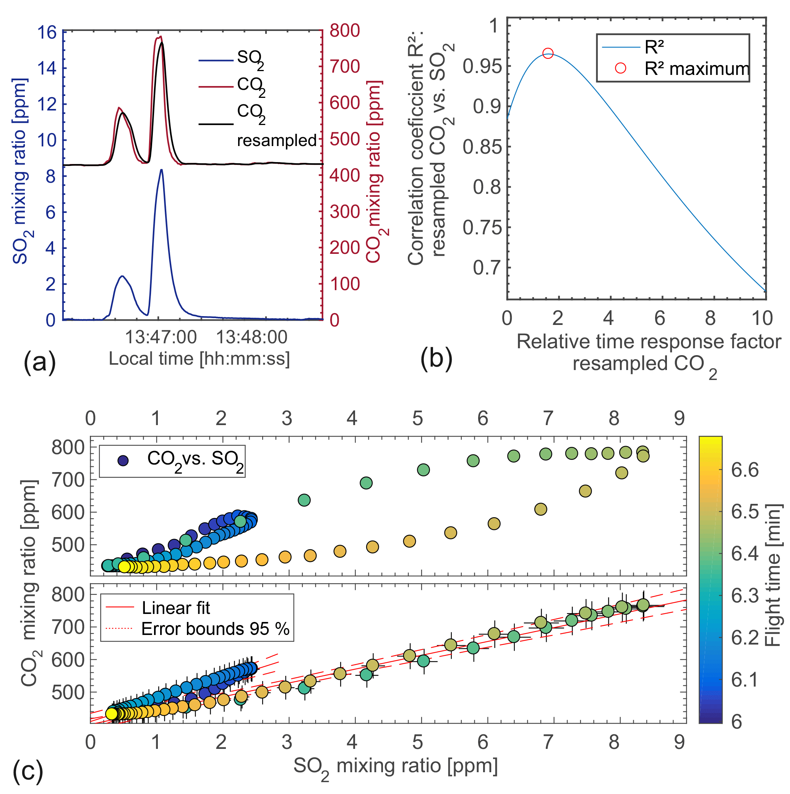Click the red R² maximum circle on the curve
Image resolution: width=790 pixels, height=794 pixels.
[548, 54]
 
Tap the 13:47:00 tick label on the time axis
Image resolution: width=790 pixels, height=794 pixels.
[161, 338]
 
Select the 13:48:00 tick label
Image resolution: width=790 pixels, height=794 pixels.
[251, 338]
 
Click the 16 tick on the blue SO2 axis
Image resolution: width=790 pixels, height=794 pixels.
[47, 32]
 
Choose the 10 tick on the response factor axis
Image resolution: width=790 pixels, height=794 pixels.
[762, 318]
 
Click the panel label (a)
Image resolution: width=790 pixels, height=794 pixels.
[39, 362]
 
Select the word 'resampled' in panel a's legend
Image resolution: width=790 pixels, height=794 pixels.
[277, 141]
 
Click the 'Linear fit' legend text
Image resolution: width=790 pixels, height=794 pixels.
[176, 608]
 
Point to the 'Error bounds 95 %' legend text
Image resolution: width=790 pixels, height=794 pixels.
[215, 629]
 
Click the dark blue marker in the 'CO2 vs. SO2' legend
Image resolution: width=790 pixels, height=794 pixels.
[123, 460]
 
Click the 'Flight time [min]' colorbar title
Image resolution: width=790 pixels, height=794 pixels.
[773, 575]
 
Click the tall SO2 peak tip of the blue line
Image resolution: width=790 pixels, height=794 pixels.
[161, 170]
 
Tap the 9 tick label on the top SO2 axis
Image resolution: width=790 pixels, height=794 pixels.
[679, 418]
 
